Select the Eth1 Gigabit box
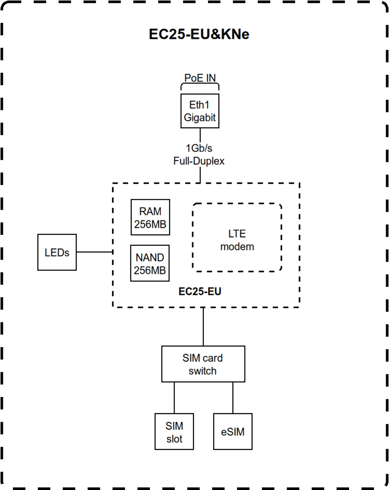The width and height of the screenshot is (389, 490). click(200, 111)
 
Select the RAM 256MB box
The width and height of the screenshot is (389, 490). click(150, 217)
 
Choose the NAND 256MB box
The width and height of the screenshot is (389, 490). click(150, 263)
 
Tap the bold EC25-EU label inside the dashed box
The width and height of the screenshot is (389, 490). click(200, 292)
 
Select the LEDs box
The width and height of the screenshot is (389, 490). click(57, 252)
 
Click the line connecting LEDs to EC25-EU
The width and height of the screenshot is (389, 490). click(94, 252)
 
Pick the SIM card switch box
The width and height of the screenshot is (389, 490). click(203, 364)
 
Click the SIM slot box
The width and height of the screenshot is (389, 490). click(174, 432)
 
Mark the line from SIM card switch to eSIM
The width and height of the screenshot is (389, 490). click(233, 398)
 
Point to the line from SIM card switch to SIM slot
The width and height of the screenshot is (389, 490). click(174, 398)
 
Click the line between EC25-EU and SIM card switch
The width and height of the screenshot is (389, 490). click(203, 327)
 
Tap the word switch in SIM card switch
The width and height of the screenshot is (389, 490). click(203, 371)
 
